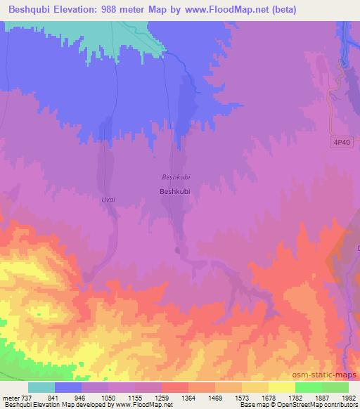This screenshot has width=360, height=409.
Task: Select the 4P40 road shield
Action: tap(341, 143)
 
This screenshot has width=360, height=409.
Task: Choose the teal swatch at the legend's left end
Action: tap(41, 387)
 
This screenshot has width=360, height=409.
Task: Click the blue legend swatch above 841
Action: tap(68, 387)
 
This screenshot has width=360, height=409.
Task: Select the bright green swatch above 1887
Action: tap(309, 387)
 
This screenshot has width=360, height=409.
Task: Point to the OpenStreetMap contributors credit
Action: tap(320, 405)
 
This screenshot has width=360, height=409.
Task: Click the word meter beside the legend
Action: tap(10, 398)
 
